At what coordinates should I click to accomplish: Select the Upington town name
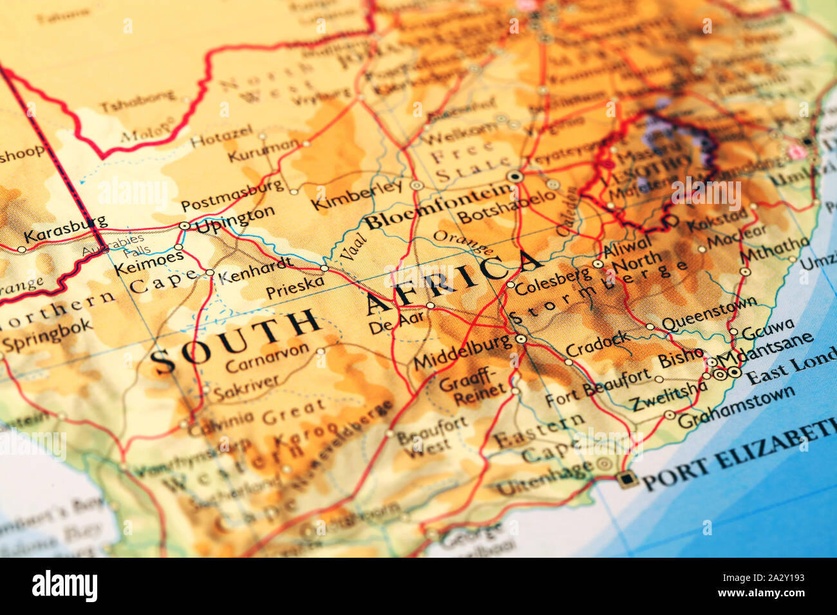[x=235, y=219]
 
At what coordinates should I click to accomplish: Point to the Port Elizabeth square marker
[x=625, y=479]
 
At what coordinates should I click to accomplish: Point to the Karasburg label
[x=65, y=228]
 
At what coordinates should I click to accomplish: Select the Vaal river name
[x=352, y=248]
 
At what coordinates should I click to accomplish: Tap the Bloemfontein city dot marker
[x=514, y=176]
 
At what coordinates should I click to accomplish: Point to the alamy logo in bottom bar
[x=64, y=586]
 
